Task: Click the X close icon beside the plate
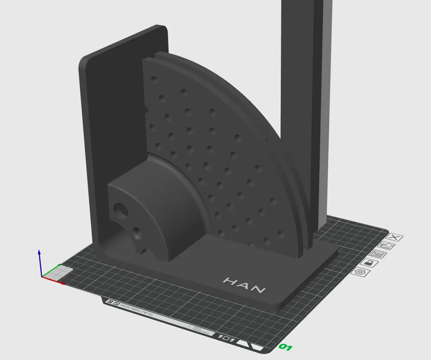396,237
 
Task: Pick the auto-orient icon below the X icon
387,245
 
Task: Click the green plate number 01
285,346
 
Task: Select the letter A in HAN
244,286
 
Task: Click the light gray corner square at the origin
63,271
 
